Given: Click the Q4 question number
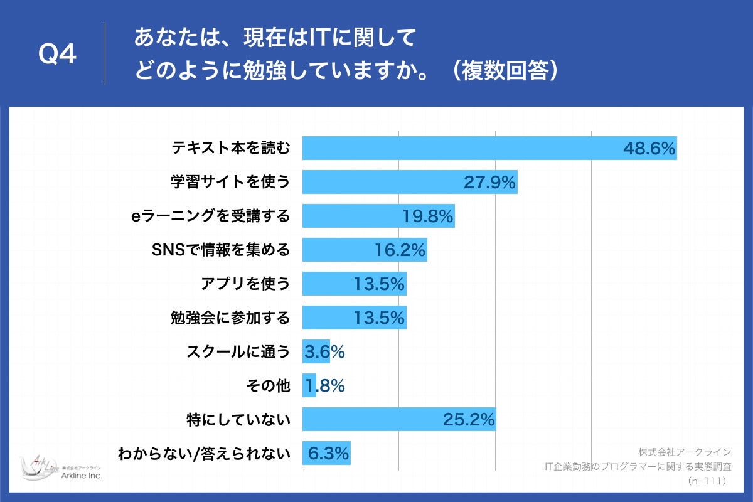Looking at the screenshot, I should coord(58,55).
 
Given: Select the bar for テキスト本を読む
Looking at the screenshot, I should coord(489,148).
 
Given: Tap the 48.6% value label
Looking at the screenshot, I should coord(649,149).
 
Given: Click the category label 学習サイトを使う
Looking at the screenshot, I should coord(231,182).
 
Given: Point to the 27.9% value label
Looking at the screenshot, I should coord(489,183).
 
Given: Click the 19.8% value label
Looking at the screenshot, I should coord(427,216).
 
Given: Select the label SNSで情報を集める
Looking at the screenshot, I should coord(222,250).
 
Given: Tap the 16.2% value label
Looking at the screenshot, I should coord(400,250).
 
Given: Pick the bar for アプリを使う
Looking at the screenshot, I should coord(354,284).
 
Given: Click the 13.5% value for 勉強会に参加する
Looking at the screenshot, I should coord(379,318).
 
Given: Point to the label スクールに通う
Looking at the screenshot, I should coord(238,352).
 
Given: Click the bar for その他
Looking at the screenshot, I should coord(309,386).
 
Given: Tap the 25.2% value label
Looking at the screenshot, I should coord(469,420).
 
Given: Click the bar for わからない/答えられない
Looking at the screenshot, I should coord(326,453).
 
